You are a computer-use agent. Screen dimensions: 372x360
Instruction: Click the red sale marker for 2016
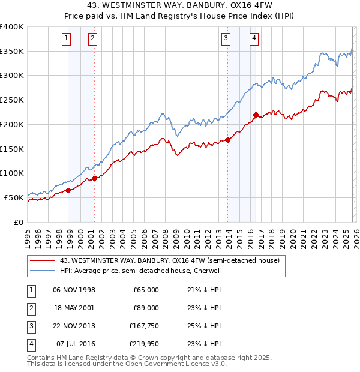click(x=256, y=115)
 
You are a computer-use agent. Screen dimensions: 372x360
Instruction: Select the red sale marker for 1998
click(x=68, y=190)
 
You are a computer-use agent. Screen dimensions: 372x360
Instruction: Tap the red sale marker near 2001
click(x=95, y=178)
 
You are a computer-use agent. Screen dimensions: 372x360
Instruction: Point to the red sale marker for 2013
click(x=229, y=140)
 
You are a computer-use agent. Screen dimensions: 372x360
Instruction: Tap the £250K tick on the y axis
click(x=12, y=100)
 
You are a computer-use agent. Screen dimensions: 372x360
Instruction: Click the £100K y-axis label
click(x=12, y=173)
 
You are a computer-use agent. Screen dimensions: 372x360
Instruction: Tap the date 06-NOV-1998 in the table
click(x=74, y=290)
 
